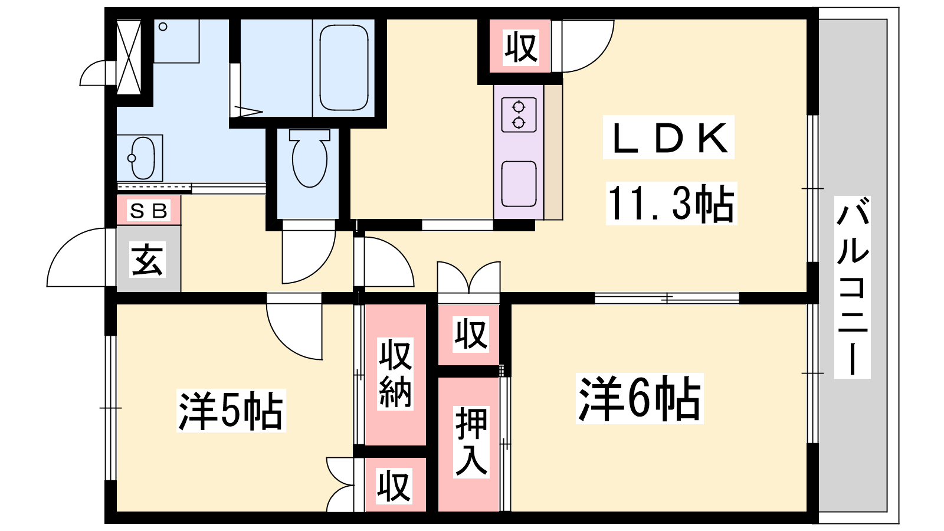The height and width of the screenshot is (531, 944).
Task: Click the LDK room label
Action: (668, 137)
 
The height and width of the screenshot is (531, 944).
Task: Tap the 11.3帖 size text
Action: (671, 204)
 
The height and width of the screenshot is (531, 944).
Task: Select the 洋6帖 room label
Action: (639, 398)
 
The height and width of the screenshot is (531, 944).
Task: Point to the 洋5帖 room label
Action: (231, 411)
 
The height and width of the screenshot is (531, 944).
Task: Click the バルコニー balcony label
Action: (853, 287)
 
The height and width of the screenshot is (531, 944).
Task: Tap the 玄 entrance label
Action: (147, 260)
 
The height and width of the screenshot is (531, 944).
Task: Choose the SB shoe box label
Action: (149, 210)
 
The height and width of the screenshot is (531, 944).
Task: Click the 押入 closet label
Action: (471, 441)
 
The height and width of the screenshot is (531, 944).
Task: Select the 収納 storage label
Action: (395, 373)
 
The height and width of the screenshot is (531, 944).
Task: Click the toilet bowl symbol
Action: (309, 159)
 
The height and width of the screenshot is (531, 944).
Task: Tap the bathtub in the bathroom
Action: (344, 67)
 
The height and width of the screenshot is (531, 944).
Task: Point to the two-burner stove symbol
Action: (519, 114)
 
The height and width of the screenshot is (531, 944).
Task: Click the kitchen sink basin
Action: (519, 184)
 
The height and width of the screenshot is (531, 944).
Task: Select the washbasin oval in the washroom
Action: (142, 158)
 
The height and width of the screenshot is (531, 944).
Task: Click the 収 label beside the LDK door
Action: (520, 47)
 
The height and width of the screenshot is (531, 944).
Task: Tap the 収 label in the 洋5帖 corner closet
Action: (394, 487)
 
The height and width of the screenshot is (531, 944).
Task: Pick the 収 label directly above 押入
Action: (470, 334)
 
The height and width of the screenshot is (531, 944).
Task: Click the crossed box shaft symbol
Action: (129, 57)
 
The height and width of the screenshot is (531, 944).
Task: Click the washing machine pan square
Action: (176, 41)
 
